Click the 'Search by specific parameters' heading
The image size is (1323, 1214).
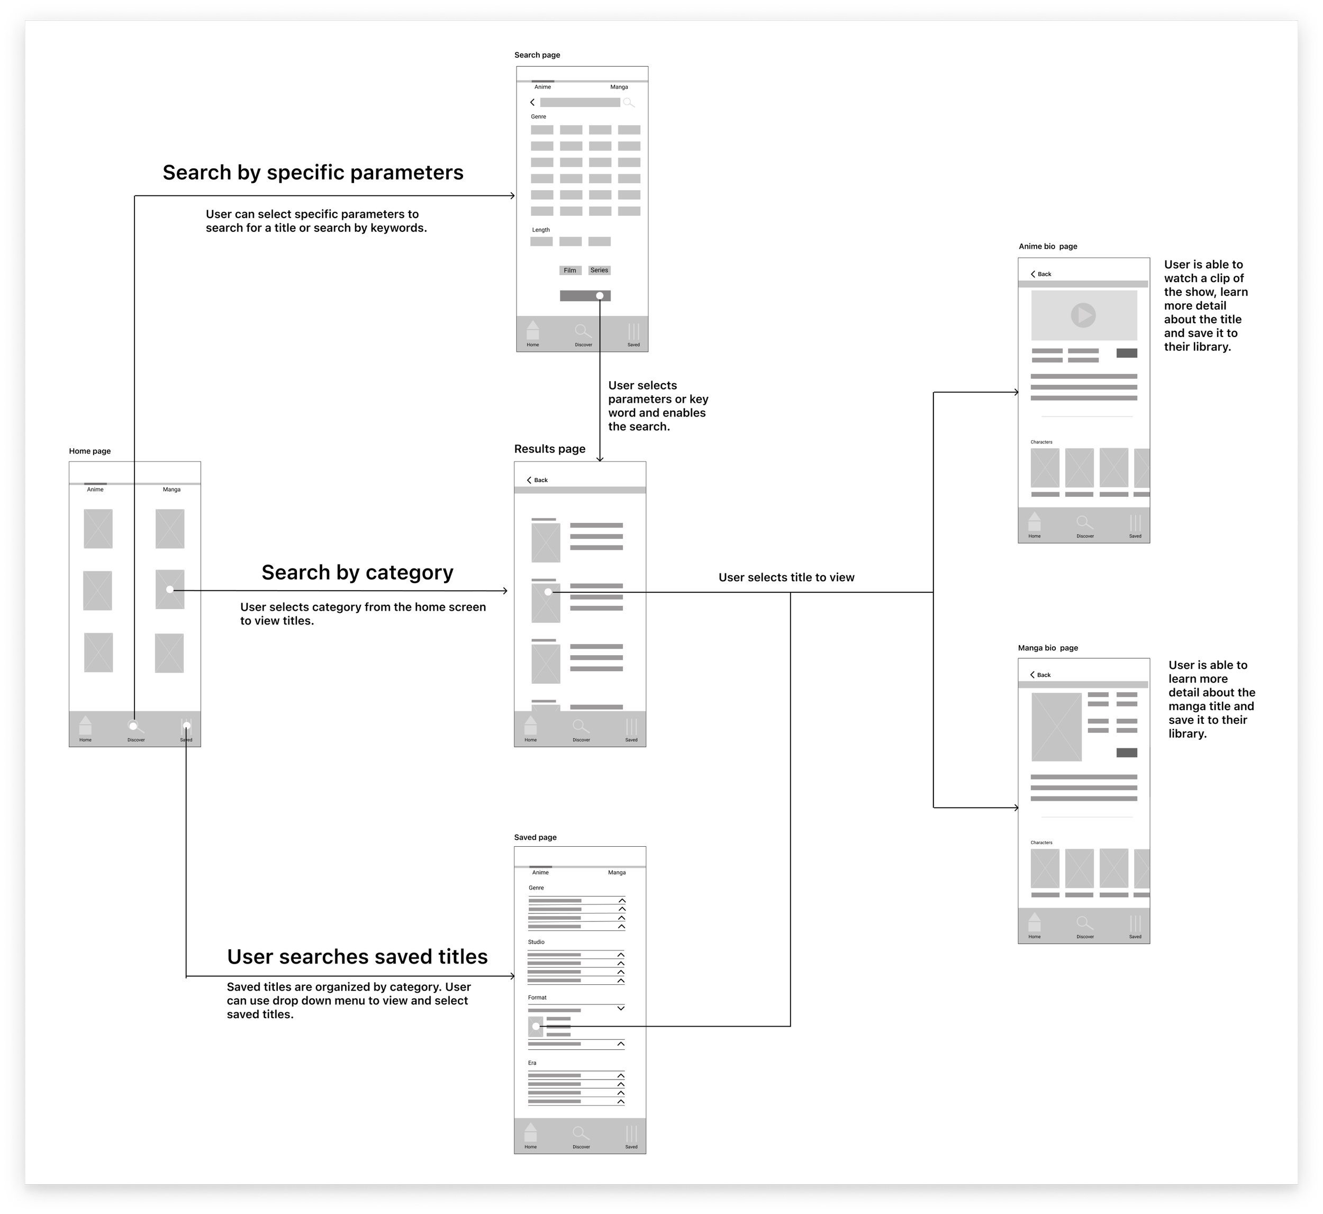[313, 172]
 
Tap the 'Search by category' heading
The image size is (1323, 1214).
[357, 572]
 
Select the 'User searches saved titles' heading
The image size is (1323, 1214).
[357, 956]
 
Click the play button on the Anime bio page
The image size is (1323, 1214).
[1083, 315]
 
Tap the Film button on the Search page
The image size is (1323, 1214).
[569, 270]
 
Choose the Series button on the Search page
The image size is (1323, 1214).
[599, 270]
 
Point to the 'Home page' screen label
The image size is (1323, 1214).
[90, 451]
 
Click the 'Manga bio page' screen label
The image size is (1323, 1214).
[1048, 648]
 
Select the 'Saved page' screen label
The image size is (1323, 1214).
[536, 838]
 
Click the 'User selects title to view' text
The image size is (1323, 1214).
[786, 577]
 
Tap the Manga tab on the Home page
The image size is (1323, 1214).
[171, 490]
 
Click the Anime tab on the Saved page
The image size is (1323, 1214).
[540, 873]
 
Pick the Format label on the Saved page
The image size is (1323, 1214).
[537, 997]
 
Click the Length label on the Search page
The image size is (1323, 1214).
[541, 230]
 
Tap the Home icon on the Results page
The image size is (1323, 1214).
[531, 726]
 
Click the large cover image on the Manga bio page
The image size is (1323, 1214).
[1056, 727]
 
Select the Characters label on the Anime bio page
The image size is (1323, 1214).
[1041, 442]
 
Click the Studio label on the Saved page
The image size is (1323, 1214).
[536, 942]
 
